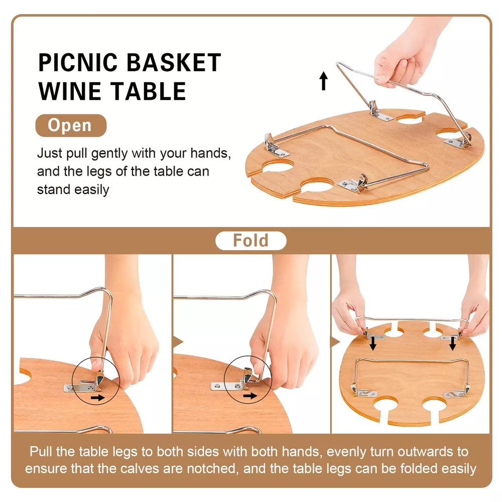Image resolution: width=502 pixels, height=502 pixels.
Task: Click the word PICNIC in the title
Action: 79,63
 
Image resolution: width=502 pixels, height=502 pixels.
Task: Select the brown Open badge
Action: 70,125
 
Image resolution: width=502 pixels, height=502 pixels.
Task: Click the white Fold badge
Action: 250,241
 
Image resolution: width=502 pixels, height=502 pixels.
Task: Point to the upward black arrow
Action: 324,81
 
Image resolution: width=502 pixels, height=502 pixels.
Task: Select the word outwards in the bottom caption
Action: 428,452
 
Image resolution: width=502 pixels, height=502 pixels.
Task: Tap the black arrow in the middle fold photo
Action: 248,396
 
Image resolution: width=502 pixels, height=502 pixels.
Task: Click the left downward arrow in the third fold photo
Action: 373,344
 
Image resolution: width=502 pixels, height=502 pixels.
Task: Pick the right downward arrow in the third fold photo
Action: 453,344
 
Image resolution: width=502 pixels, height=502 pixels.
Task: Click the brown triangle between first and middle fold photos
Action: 177,342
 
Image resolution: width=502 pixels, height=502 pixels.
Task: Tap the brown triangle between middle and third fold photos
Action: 334,342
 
